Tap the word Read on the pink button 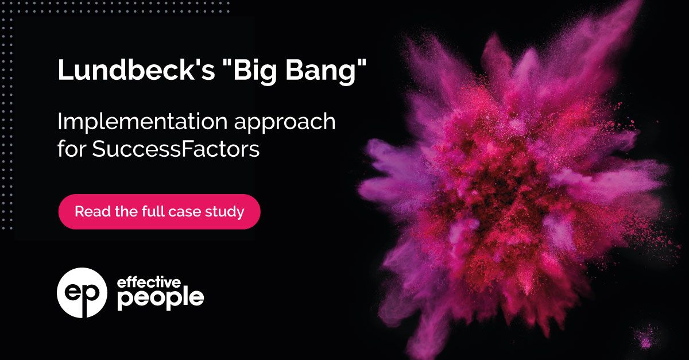pos(89,211)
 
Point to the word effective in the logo pos(149,282)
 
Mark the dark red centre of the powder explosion pos(505,189)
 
